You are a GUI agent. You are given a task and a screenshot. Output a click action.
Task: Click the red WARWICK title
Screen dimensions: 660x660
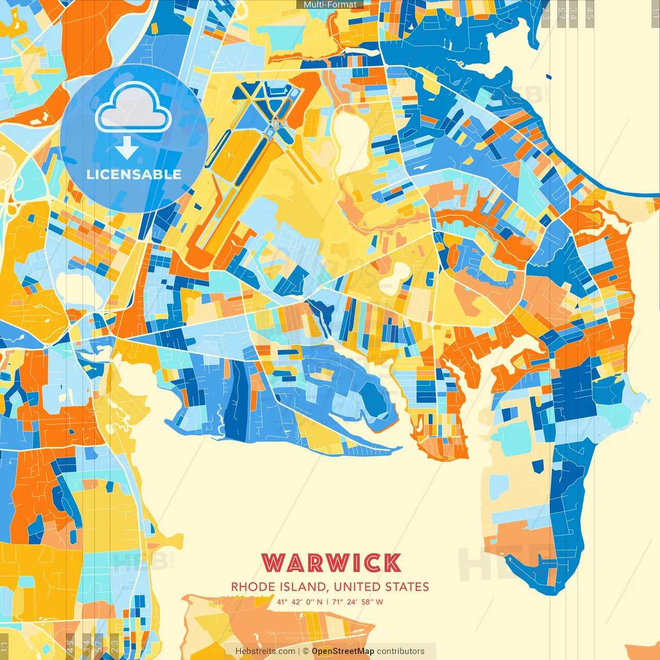(x=331, y=563)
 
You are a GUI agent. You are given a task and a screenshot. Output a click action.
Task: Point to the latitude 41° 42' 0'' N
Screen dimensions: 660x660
(x=300, y=602)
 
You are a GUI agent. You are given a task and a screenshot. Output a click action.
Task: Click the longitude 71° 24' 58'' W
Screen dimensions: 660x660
(x=357, y=602)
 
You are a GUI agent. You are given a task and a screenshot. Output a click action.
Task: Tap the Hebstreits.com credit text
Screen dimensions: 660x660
(x=265, y=651)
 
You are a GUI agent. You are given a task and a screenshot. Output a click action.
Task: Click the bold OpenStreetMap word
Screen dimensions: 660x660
(x=343, y=651)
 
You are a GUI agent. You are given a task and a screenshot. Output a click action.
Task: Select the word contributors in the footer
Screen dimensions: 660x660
(x=401, y=651)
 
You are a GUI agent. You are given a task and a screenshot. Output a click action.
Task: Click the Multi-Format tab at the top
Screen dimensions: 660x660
(x=330, y=5)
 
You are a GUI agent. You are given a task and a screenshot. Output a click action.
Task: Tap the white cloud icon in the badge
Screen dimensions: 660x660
(x=133, y=107)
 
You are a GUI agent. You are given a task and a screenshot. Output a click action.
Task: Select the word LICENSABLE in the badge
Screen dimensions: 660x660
(x=134, y=174)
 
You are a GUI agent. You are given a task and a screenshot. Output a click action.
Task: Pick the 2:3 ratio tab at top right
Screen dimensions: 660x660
(x=546, y=12)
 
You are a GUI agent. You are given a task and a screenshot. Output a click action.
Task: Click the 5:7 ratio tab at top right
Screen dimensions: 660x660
(x=561, y=12)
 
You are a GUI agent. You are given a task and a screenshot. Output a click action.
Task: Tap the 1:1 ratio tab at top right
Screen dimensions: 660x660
(x=655, y=12)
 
